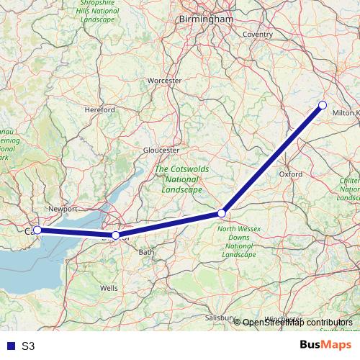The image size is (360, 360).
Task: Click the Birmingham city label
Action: [x=206, y=19]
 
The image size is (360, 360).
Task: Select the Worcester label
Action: [x=164, y=81]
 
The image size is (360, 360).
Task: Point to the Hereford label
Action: [x=99, y=109]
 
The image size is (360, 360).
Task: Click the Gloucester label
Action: [x=161, y=150]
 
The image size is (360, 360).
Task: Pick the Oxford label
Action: [x=290, y=174]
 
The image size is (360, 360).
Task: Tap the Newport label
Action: [x=63, y=209]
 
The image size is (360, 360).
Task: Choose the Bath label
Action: [x=146, y=252]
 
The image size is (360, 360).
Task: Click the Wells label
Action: [x=109, y=287]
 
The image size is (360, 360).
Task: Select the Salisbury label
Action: [x=220, y=318]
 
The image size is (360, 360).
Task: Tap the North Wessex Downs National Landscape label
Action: [x=238, y=242]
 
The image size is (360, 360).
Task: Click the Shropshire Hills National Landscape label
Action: [x=100, y=12]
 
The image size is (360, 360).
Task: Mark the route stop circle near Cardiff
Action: [x=37, y=230]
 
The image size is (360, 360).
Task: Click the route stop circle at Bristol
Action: [x=115, y=235]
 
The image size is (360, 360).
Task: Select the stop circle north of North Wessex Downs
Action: [x=222, y=213]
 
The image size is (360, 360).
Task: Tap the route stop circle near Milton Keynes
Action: [x=323, y=106]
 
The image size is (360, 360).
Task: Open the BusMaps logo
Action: [x=326, y=345]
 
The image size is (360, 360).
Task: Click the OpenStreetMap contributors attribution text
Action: [x=297, y=323]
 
